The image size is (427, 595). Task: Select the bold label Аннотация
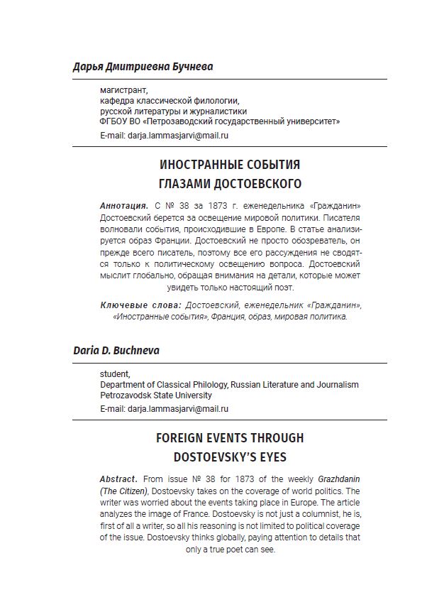(x=123, y=205)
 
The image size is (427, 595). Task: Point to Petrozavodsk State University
(x=155, y=395)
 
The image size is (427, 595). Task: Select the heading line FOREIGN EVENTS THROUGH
(x=230, y=438)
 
